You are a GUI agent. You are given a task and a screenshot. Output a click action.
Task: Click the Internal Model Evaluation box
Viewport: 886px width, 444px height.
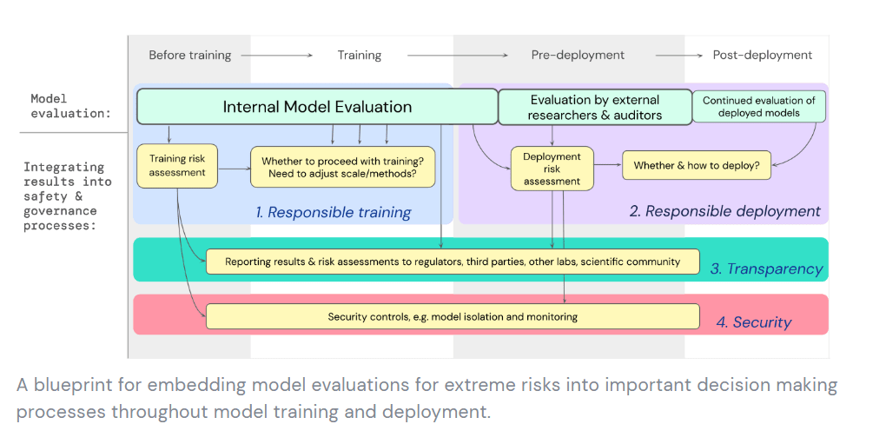pyautogui.click(x=317, y=107)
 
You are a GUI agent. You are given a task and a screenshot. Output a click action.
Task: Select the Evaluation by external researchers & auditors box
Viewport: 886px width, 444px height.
pyautogui.click(x=594, y=107)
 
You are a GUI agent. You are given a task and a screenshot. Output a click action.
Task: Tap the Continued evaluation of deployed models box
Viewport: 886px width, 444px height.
pyautogui.click(x=758, y=107)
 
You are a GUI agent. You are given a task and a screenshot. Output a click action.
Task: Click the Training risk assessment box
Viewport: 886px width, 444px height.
pyautogui.click(x=177, y=165)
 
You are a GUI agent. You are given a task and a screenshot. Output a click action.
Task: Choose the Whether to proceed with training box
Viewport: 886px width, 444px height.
pyautogui.click(x=342, y=166)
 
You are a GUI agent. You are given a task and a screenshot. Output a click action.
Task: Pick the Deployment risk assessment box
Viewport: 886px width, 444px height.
pyautogui.click(x=552, y=169)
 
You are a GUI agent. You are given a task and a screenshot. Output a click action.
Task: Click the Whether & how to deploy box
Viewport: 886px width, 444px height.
pyautogui.click(x=696, y=165)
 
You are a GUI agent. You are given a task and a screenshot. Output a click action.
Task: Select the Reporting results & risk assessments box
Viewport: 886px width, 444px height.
pyautogui.click(x=453, y=262)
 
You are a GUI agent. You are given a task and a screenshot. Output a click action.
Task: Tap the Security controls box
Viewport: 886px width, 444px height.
pyautogui.click(x=453, y=316)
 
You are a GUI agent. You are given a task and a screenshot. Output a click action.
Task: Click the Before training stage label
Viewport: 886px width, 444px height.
pyautogui.click(x=189, y=55)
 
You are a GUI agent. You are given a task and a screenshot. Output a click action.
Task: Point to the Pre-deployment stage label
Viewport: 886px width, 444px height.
pyautogui.click(x=578, y=55)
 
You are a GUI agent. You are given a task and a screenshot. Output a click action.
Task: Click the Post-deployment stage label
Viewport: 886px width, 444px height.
pyautogui.click(x=762, y=55)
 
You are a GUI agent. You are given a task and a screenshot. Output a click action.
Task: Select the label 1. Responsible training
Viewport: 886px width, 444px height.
pyautogui.click(x=333, y=212)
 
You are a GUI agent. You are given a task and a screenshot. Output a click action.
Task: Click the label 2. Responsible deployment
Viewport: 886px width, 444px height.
pyautogui.click(x=724, y=211)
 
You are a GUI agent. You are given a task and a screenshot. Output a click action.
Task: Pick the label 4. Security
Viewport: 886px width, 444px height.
pyautogui.click(x=753, y=322)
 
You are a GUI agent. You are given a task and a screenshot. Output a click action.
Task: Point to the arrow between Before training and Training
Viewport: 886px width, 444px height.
pyautogui.click(x=276, y=55)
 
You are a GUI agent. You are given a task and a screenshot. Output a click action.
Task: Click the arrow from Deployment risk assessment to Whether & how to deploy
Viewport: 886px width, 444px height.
pyautogui.click(x=607, y=165)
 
